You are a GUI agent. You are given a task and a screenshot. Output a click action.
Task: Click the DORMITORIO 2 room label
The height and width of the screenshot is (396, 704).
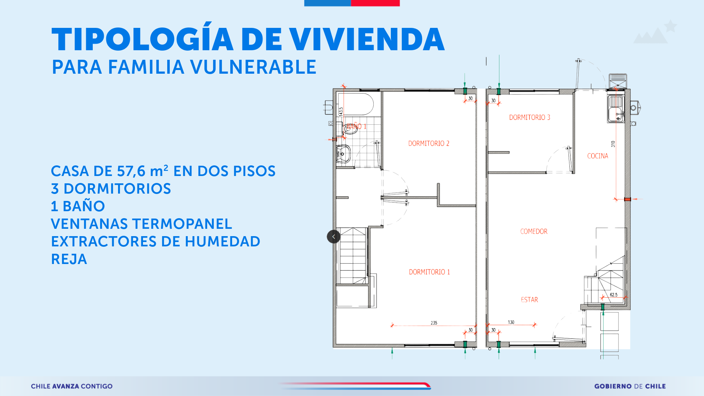click(x=429, y=143)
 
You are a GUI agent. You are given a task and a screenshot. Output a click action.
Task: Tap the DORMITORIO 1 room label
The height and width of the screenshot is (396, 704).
click(x=429, y=272)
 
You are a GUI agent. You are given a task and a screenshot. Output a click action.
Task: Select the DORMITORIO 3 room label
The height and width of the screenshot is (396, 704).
click(x=529, y=117)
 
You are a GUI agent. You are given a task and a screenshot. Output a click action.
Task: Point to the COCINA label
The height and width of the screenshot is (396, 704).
click(x=598, y=156)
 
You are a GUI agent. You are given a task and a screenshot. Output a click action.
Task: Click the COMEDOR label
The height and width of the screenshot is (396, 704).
click(x=534, y=231)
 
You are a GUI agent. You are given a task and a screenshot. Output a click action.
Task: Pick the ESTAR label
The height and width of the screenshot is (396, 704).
click(x=529, y=300)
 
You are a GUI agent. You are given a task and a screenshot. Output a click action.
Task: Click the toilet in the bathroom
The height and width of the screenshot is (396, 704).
click(x=349, y=128)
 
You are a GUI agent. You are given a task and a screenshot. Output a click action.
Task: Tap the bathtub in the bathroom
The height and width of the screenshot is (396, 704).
click(x=355, y=104)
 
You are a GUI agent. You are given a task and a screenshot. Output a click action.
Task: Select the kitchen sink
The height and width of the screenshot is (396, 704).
click(x=616, y=109)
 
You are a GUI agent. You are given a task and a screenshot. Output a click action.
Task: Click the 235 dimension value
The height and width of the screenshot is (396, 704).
click(x=434, y=323)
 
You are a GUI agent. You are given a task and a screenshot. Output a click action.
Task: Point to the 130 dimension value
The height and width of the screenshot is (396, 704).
click(x=511, y=322)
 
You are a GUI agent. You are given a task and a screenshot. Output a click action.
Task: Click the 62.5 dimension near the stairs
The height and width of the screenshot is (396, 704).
click(x=613, y=295)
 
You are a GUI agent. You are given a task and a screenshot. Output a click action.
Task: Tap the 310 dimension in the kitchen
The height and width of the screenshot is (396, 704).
click(x=613, y=144)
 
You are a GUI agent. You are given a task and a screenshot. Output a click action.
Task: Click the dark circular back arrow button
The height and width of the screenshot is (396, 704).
click(x=334, y=236)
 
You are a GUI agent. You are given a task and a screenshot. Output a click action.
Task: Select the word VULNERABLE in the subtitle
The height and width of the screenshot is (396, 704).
click(x=253, y=67)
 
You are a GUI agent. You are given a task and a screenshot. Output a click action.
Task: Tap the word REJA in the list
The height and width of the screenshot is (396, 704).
click(x=69, y=259)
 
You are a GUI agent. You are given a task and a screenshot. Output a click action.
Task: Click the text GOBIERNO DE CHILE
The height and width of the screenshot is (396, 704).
click(x=630, y=386)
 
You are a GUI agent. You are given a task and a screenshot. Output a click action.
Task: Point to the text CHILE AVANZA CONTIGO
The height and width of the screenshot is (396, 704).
click(x=71, y=386)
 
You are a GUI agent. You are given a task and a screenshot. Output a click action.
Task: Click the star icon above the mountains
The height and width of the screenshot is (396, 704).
click(x=671, y=26)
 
